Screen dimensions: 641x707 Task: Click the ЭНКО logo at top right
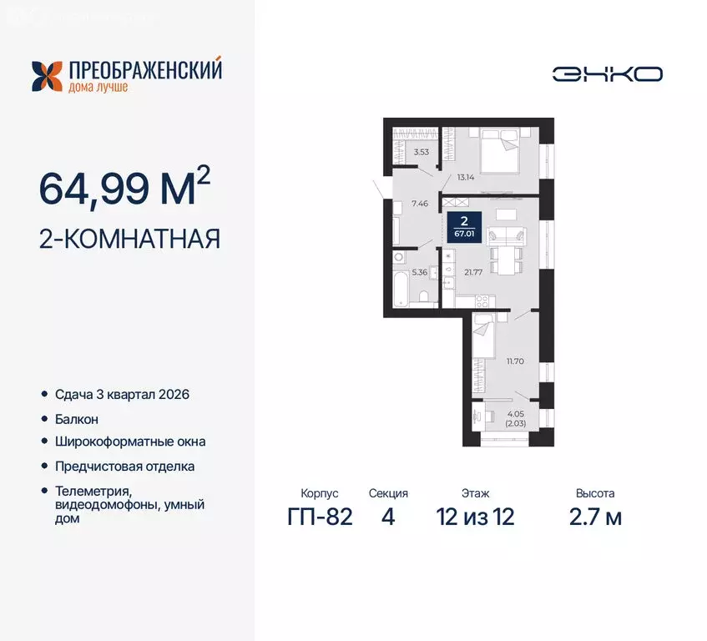point(607,73)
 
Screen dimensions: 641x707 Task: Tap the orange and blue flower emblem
point(47,76)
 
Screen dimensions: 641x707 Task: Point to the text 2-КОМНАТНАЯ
point(129,240)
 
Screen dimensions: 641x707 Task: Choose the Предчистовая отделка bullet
point(124,466)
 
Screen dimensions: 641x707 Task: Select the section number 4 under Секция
point(387,517)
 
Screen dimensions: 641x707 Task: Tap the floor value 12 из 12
point(475,517)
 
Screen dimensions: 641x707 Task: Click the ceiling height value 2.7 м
point(594,517)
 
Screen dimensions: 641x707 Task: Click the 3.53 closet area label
point(422,152)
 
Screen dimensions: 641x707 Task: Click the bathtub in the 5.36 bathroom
point(398,289)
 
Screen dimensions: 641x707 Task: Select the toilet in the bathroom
point(424,297)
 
